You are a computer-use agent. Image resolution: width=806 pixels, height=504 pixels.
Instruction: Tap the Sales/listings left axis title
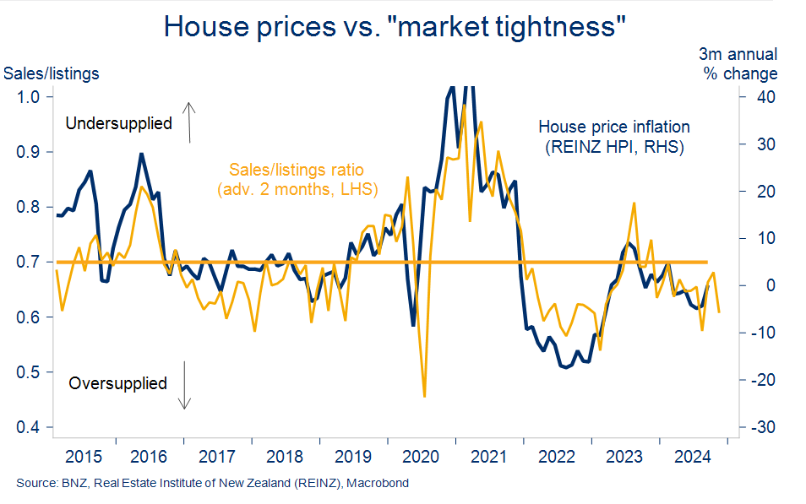(52, 73)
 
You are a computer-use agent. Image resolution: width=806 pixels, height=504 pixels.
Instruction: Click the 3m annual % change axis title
(740, 64)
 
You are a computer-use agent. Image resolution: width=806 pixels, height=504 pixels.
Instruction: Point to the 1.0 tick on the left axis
(29, 96)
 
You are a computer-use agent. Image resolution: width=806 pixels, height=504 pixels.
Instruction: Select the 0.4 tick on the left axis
(29, 428)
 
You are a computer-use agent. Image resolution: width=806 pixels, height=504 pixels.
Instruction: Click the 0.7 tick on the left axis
(29, 263)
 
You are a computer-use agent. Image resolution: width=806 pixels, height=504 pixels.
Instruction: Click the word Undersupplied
(118, 123)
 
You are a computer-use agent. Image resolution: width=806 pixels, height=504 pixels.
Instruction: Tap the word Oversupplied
(118, 383)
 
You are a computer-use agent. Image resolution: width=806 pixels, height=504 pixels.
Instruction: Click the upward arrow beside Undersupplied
(190, 121)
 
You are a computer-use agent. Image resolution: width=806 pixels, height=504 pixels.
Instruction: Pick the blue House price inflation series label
(614, 138)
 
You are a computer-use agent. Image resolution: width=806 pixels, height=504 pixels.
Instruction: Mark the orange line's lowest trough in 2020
(424, 395)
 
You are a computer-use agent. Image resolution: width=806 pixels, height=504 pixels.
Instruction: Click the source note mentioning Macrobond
(212, 484)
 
